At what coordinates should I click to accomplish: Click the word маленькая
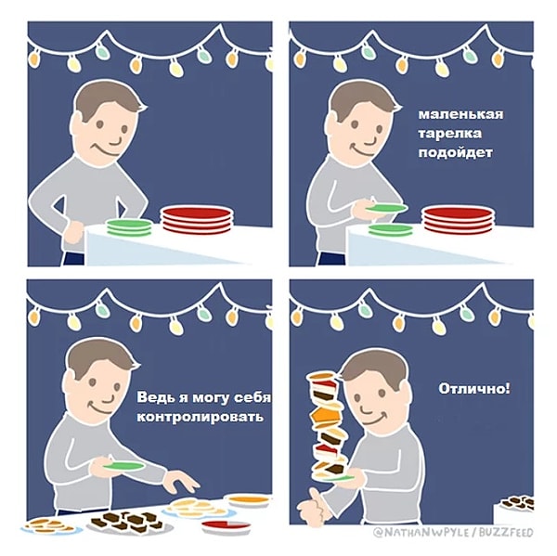(x=460, y=115)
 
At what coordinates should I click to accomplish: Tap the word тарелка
(x=449, y=134)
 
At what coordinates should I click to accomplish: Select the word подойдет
(x=455, y=153)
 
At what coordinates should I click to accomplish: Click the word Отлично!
(x=474, y=389)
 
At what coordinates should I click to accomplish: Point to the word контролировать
(x=200, y=417)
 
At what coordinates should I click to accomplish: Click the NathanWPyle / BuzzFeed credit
(x=453, y=533)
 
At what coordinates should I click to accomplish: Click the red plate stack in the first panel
(x=197, y=220)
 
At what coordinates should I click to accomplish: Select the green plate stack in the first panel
(x=130, y=227)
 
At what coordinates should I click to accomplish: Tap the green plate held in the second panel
(x=386, y=208)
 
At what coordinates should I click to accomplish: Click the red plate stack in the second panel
(x=459, y=220)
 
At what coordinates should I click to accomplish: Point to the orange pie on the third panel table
(x=249, y=501)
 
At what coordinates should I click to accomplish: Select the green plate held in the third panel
(x=123, y=466)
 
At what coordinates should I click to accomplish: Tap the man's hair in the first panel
(x=109, y=100)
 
